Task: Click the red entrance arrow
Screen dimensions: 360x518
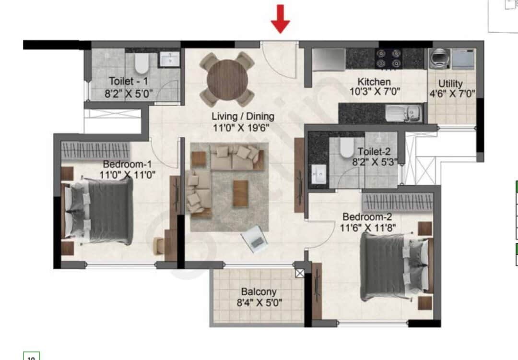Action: pyautogui.click(x=280, y=19)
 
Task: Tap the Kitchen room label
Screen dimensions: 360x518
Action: pyautogui.click(x=374, y=82)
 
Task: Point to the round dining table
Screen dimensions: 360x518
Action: pyautogui.click(x=227, y=79)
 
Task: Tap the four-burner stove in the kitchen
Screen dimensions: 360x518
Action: pyautogui.click(x=388, y=59)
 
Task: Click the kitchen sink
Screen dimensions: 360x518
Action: pyautogui.click(x=403, y=113)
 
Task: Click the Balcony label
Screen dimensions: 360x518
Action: pyautogui.click(x=259, y=291)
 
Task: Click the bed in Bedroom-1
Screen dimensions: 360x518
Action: pyautogui.click(x=99, y=210)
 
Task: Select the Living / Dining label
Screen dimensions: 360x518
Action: pyautogui.click(x=243, y=116)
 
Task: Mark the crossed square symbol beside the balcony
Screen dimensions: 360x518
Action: pyautogui.click(x=300, y=274)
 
